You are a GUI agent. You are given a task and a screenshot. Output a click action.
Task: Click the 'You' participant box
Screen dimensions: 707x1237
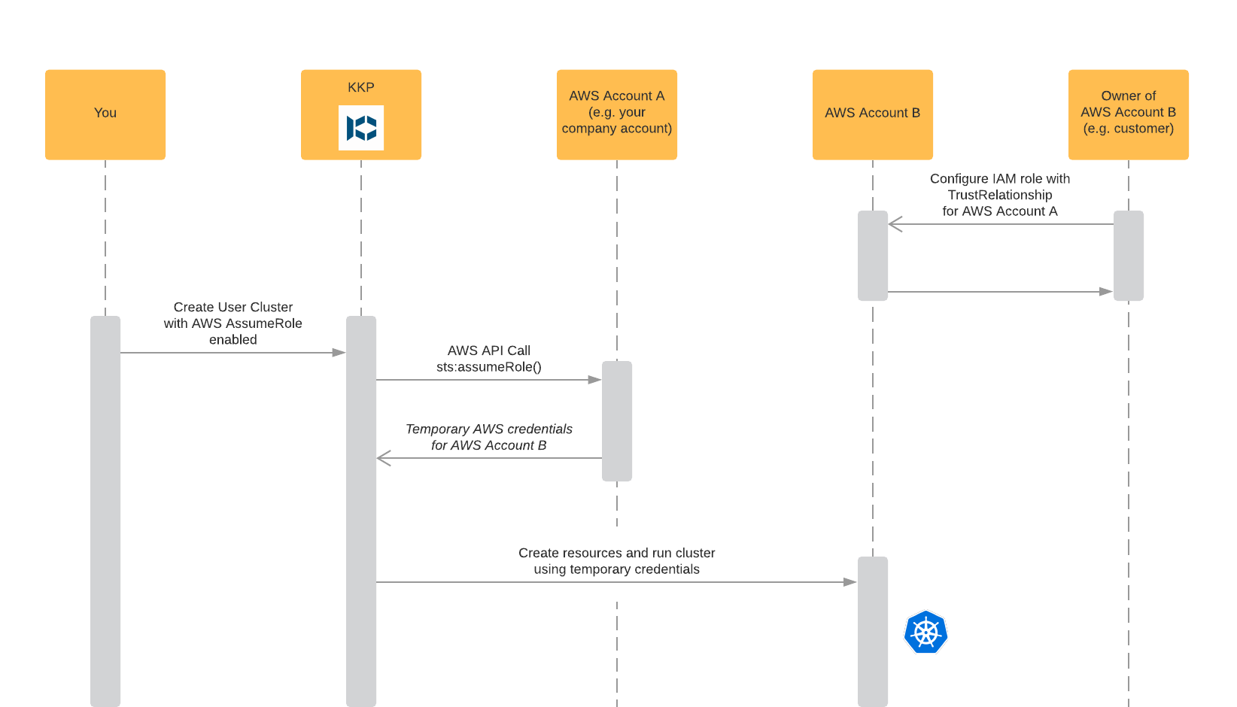tap(105, 114)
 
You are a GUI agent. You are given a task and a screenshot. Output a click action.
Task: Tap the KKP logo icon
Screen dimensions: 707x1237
tap(361, 128)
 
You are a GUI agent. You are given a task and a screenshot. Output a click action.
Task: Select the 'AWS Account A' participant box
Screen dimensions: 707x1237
tap(617, 114)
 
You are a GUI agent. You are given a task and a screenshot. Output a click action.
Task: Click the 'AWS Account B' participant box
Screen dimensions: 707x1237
tap(873, 114)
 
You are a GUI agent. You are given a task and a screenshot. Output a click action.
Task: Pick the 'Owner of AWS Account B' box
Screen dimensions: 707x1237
tap(1129, 114)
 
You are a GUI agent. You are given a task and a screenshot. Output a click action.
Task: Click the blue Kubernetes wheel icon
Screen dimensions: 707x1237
tap(925, 632)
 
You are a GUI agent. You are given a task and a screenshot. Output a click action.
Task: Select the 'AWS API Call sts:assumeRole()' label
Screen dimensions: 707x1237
tap(489, 359)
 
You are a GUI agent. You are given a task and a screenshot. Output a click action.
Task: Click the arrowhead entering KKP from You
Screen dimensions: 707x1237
tap(339, 352)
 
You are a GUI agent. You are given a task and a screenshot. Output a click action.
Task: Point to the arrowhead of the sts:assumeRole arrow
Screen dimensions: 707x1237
tap(595, 380)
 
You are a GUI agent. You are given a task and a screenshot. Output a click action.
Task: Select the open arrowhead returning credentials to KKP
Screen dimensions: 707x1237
tap(384, 458)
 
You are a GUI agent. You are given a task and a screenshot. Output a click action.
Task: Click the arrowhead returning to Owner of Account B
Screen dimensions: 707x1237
tap(1106, 291)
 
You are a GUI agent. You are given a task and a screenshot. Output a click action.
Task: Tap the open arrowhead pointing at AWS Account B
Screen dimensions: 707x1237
tap(895, 224)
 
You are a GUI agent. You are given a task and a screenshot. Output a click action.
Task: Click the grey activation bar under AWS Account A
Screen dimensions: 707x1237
tap(617, 421)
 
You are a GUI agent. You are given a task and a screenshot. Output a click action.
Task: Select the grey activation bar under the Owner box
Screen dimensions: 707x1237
tap(1129, 256)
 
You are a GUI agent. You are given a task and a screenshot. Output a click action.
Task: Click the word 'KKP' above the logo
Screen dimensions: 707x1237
tap(361, 87)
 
